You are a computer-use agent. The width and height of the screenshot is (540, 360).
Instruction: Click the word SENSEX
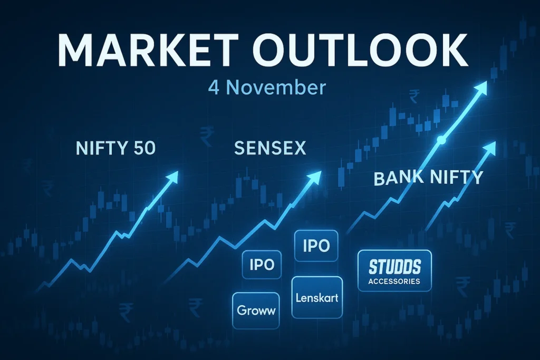269,149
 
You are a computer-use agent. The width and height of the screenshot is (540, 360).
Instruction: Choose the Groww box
256,310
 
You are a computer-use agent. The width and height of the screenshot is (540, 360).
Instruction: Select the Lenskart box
317,298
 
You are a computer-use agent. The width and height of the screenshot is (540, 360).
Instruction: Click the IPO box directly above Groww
262,265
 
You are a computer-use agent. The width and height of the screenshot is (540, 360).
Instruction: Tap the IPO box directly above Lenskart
316,246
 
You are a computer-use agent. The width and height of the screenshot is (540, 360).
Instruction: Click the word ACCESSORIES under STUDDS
394,281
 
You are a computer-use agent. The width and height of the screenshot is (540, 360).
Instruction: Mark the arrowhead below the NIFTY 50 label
172,178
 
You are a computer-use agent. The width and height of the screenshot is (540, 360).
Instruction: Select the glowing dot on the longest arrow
442,140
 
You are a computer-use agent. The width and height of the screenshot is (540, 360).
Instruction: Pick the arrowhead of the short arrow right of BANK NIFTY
490,147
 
